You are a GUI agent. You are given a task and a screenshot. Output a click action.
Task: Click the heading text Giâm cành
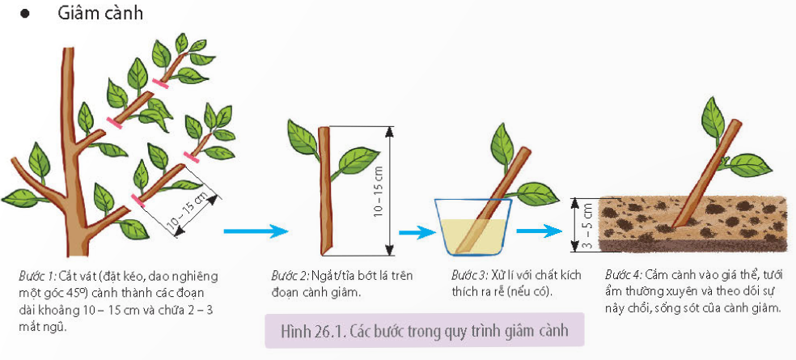click(x=100, y=13)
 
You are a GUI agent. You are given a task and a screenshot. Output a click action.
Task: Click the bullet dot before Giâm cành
click(x=23, y=14)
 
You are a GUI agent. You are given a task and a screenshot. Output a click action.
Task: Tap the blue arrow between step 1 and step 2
click(x=256, y=231)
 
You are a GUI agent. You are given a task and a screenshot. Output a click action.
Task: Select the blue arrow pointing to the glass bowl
click(x=417, y=232)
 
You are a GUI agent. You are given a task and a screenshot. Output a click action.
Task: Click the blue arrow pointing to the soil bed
click(x=539, y=231)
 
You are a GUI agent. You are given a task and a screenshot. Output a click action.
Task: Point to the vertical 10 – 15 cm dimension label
click(x=379, y=191)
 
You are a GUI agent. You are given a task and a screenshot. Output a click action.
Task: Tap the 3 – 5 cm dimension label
click(x=588, y=225)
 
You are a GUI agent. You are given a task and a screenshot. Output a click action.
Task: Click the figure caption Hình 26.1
click(x=424, y=331)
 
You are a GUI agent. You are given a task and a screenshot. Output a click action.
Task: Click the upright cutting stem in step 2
click(x=324, y=191)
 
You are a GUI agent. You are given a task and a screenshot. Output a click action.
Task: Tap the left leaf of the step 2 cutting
click(x=303, y=138)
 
